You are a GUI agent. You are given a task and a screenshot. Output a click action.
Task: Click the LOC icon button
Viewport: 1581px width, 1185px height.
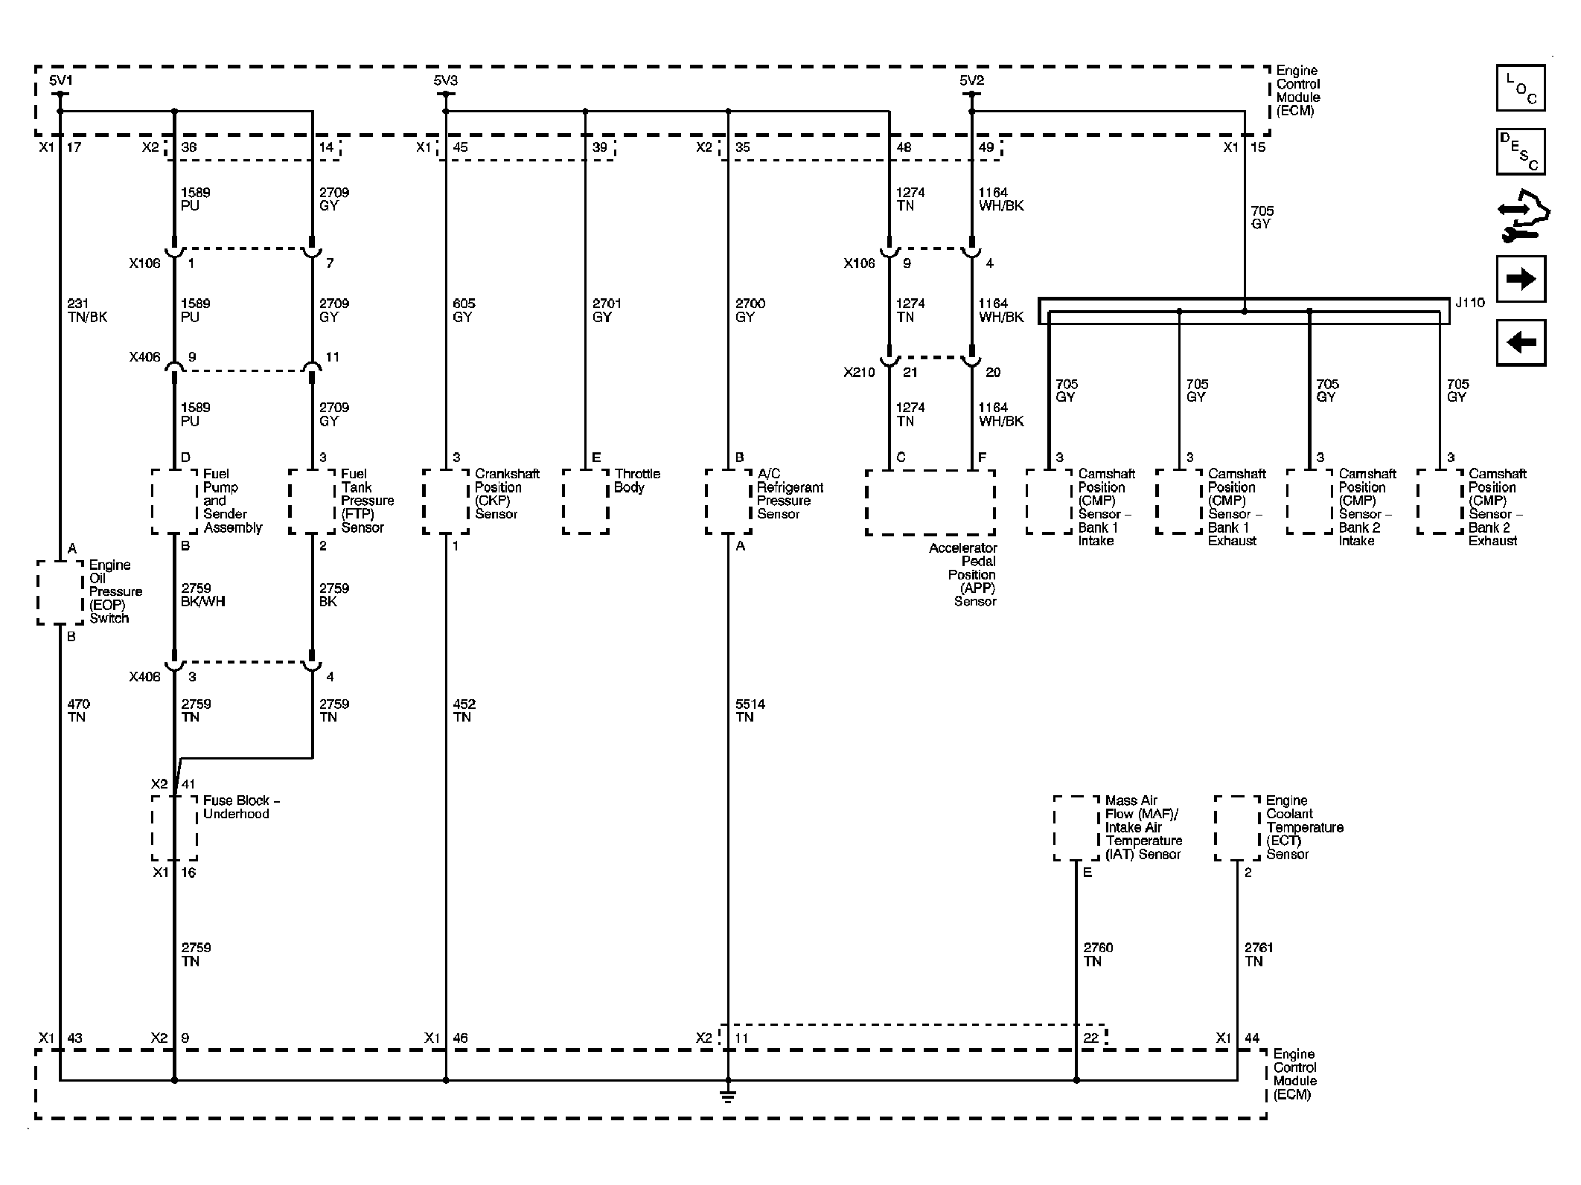click(x=1520, y=88)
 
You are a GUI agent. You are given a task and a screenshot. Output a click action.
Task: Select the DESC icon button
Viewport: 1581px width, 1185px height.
click(x=1520, y=152)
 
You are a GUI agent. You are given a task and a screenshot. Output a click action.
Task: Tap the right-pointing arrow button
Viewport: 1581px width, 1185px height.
click(x=1520, y=279)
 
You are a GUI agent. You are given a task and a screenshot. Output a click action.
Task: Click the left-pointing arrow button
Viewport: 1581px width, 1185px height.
click(x=1520, y=343)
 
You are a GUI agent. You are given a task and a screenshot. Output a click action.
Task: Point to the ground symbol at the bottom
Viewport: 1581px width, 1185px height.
click(x=728, y=1095)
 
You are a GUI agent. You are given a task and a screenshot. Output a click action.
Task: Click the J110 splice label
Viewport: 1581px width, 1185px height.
click(x=1469, y=303)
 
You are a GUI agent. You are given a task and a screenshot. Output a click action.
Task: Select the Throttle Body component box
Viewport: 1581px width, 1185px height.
click(x=586, y=501)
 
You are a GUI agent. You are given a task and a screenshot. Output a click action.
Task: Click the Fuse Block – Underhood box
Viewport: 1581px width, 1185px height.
click(x=175, y=828)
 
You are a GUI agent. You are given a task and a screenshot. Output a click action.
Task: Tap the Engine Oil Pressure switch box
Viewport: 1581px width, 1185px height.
click(x=60, y=592)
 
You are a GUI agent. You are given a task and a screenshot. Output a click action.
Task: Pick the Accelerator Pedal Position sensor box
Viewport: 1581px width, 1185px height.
click(x=930, y=502)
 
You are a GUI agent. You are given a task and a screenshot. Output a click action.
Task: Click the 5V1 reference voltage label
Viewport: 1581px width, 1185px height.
click(x=60, y=80)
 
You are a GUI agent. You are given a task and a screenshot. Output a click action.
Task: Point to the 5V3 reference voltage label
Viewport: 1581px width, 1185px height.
click(x=445, y=80)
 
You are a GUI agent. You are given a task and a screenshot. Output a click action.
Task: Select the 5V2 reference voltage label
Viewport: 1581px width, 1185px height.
click(x=971, y=80)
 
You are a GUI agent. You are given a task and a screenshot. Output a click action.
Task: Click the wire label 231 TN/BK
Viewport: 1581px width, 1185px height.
click(x=87, y=310)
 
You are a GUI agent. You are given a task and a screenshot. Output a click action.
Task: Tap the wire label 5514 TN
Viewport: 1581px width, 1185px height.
click(x=750, y=710)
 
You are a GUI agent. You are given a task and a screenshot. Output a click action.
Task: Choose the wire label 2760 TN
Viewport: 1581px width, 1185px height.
click(x=1098, y=954)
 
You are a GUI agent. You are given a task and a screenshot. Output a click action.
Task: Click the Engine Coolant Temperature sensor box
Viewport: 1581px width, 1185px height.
click(x=1238, y=828)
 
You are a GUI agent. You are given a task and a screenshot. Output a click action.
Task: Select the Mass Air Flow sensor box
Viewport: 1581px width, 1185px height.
click(x=1076, y=828)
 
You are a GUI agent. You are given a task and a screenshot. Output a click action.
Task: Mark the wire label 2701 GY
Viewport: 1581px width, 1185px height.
click(x=607, y=310)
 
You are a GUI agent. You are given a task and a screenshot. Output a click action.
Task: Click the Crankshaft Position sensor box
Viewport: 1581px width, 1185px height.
click(x=446, y=501)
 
